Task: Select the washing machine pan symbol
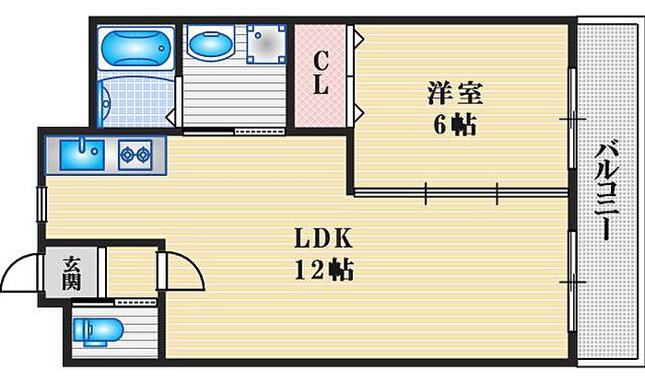(265, 44)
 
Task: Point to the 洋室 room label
(454, 93)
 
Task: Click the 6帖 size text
(454, 124)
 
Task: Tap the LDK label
(323, 238)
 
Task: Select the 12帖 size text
(323, 270)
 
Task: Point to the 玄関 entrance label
(71, 273)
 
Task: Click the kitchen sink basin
(82, 155)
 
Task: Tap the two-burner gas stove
(135, 155)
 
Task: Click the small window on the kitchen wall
(42, 204)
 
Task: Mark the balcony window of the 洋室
(572, 118)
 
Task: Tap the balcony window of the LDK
(572, 282)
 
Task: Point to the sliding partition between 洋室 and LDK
(461, 191)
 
